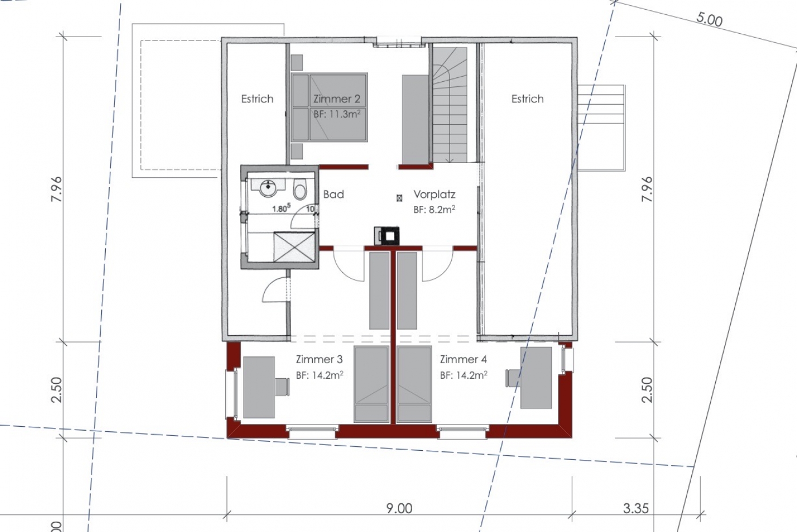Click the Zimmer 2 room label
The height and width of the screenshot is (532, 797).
337,98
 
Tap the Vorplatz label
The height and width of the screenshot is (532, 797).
435,194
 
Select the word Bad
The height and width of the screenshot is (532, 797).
333,194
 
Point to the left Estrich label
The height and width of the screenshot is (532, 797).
257,98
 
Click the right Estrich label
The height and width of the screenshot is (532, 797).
527,98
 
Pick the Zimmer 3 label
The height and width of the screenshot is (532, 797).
319,359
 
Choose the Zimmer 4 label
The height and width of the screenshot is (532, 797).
463,359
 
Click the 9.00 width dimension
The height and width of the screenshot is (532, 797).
400,509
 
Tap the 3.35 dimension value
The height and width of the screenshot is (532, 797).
636,509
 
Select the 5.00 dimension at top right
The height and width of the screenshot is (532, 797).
709,19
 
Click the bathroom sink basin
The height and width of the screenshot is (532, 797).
268,188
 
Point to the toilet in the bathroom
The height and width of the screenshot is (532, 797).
300,189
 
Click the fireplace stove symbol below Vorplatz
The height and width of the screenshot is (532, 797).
386,235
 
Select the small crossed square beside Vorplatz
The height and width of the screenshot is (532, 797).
400,198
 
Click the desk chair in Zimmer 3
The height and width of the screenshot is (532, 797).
282,386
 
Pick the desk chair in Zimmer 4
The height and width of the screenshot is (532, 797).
513,378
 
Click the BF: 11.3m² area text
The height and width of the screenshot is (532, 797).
337,114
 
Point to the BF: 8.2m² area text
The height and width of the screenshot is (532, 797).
434,209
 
